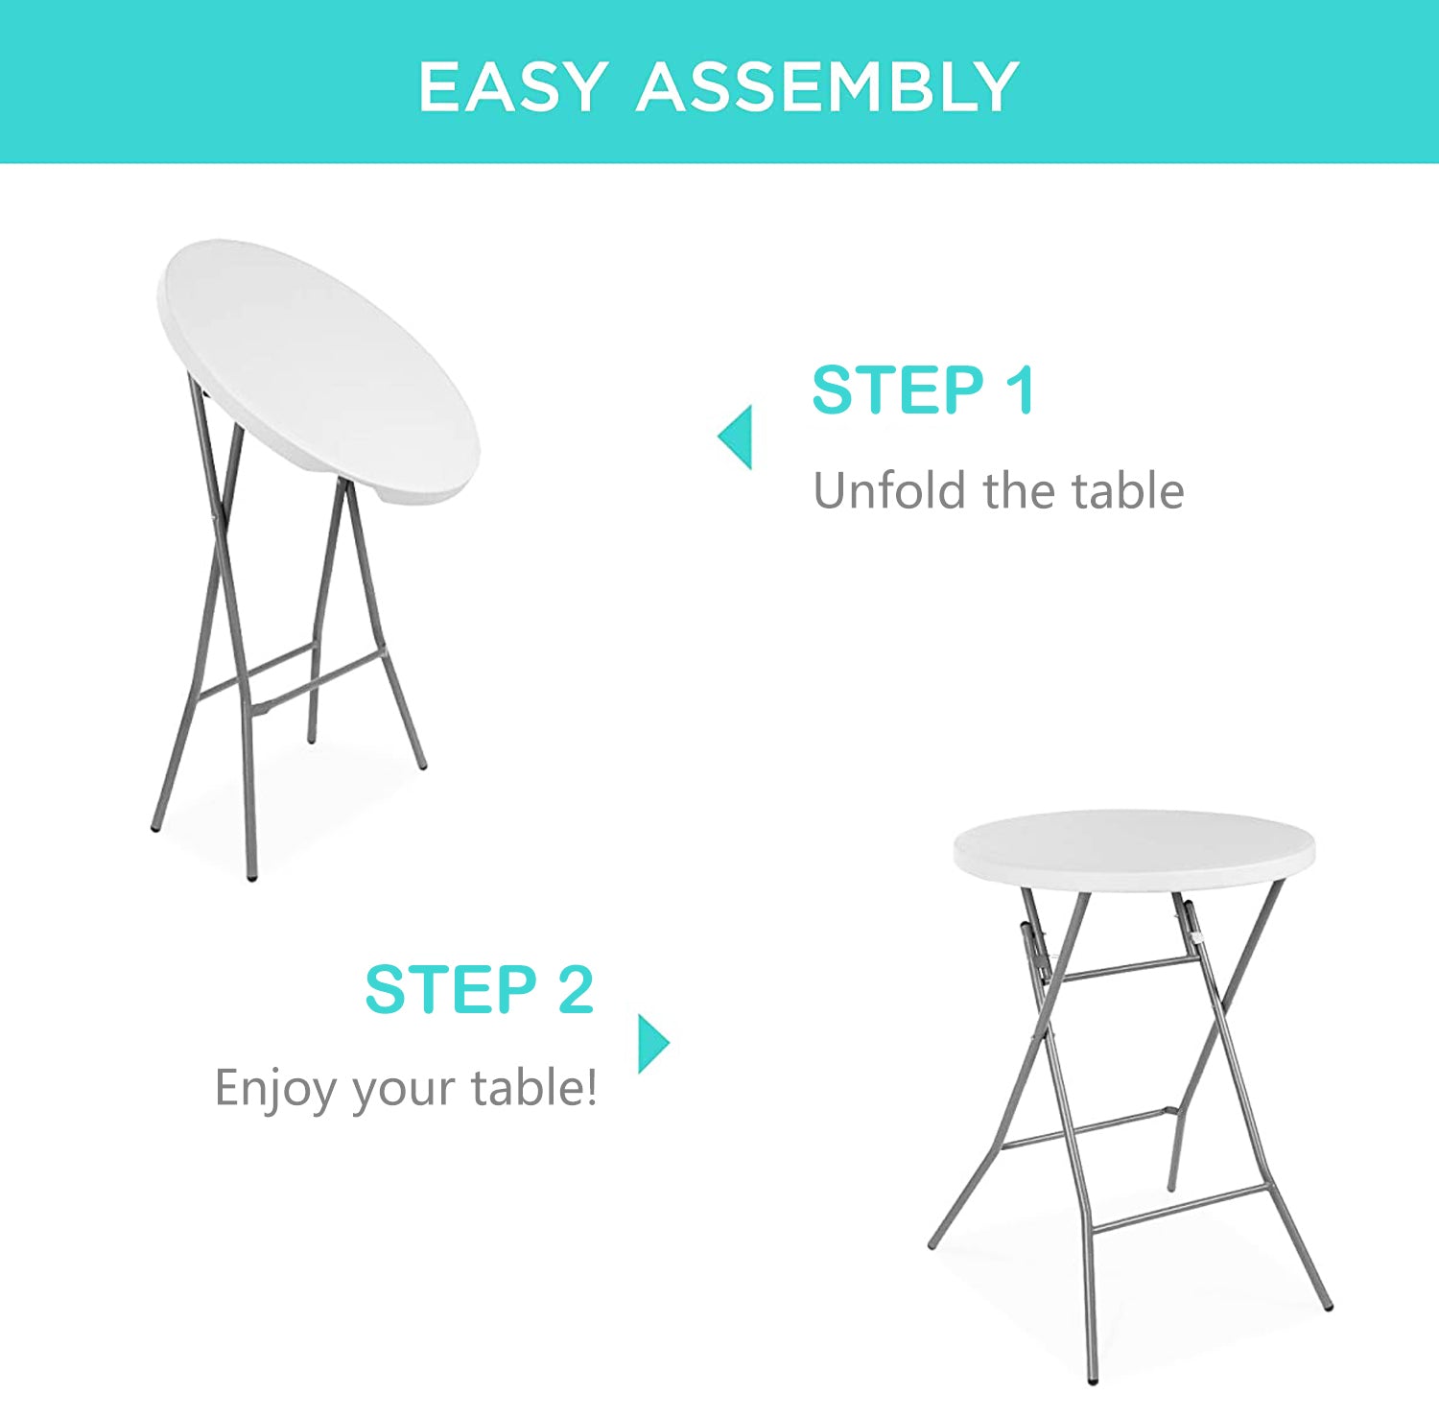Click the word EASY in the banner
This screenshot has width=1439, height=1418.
tap(514, 87)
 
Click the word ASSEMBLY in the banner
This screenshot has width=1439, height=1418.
tap(827, 87)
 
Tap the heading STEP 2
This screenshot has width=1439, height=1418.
tap(480, 989)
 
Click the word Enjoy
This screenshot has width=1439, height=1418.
tap(275, 1090)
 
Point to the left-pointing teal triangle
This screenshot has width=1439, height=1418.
tap(735, 437)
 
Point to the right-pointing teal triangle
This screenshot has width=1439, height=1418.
tap(654, 1043)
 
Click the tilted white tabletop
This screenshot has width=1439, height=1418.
tap(318, 370)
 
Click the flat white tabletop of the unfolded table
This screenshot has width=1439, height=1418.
tap(1134, 850)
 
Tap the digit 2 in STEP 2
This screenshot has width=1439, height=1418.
tap(576, 989)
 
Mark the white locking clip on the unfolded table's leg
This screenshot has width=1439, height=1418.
tap(1197, 934)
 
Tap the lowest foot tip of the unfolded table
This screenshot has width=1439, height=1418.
tap(1093, 1381)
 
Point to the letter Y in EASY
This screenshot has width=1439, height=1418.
tap(581, 87)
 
